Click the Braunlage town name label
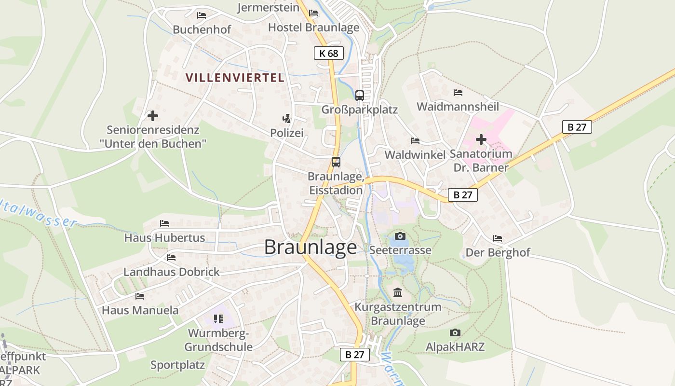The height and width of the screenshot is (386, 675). tap(310, 247)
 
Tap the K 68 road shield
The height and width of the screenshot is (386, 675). tap(329, 53)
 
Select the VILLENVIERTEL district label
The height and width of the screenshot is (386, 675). tap(235, 78)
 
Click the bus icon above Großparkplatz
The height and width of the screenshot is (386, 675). tap(360, 95)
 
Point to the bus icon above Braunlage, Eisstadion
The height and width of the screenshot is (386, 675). tap(336, 162)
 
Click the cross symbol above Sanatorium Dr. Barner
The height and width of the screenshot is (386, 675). tap(481, 140)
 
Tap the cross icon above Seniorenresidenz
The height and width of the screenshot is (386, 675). tap(153, 116)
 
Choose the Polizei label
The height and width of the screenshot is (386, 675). tap(287, 133)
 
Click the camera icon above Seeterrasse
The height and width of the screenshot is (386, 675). tap(400, 236)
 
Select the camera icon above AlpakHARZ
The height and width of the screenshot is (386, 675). tap(455, 332)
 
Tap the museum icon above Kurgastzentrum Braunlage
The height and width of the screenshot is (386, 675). tap(398, 292)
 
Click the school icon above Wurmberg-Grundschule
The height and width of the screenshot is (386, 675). tap(218, 318)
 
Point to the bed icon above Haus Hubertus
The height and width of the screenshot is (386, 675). tap(164, 223)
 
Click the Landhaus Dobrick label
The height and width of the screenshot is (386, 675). tap(172, 272)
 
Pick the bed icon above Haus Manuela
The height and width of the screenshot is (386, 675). tap(140, 296)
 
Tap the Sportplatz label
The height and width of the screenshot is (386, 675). tap(177, 365)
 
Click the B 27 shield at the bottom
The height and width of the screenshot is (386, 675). tap(355, 355)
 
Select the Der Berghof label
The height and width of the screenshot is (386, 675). tap(498, 252)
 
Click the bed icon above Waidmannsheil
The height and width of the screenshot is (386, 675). tap(458, 92)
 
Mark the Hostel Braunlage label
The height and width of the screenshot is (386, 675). tap(313, 27)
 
